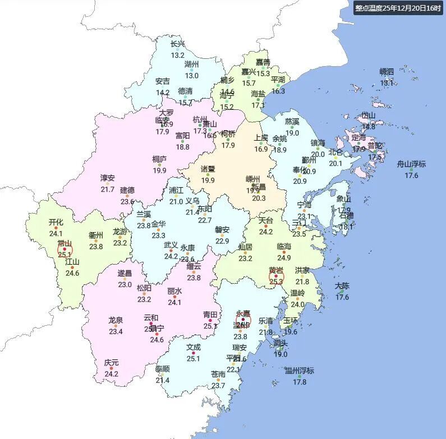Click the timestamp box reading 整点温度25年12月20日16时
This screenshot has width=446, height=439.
click(398, 8)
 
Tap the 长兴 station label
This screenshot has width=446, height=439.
click(177, 44)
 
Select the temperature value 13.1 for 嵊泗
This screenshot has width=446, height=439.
click(387, 82)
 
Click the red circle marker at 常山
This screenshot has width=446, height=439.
click(65, 249)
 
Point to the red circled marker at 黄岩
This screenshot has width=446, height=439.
click(275, 276)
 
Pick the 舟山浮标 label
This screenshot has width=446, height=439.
click(411, 164)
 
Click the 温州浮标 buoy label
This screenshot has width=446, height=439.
click(300, 371)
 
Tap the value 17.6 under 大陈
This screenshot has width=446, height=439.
click(342, 297)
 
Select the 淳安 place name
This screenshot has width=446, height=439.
click(108, 178)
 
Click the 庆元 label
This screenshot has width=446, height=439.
click(111, 363)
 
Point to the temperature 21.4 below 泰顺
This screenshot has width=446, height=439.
click(163, 381)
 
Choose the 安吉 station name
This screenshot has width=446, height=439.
click(163, 81)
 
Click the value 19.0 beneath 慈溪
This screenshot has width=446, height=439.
click(292, 133)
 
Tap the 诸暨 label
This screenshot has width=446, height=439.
click(208, 169)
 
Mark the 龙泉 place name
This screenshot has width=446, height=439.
click(116, 320)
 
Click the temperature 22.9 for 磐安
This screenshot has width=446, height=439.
click(222, 241)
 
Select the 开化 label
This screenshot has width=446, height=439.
click(56, 222)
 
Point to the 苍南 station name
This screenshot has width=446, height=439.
click(218, 374)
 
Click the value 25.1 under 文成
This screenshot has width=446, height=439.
click(193, 359)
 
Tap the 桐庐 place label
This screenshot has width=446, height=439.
click(159, 159)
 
